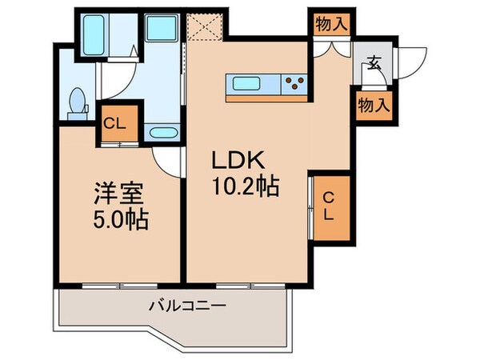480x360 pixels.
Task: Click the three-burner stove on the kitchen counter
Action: [x=294, y=82]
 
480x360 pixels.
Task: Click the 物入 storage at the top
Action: [x=330, y=24]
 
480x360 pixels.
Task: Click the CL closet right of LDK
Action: [x=330, y=207]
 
